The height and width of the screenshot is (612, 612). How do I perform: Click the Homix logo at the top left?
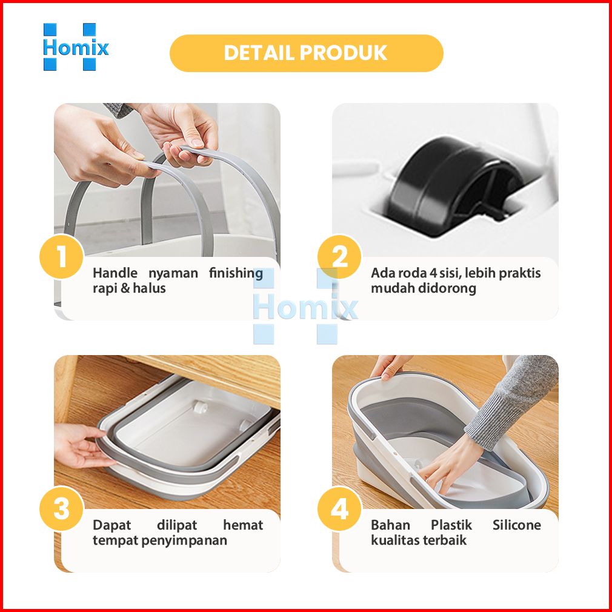click(76, 47)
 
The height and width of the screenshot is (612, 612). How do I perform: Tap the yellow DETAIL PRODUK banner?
click(307, 53)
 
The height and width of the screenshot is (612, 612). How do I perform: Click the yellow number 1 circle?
click(62, 257)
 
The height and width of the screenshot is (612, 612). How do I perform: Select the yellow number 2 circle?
click(339, 257)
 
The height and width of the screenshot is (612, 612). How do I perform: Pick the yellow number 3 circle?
click(62, 508)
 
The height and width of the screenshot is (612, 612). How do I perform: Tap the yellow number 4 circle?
click(339, 508)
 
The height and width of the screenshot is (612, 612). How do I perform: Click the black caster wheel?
click(454, 185)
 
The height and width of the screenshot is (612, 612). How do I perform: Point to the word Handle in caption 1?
click(115, 273)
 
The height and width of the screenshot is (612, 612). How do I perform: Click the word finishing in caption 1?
click(236, 273)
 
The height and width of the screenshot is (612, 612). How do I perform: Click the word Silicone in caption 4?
click(516, 525)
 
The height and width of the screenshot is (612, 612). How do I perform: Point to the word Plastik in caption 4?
click(451, 525)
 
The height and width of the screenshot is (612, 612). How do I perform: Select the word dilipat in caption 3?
click(177, 525)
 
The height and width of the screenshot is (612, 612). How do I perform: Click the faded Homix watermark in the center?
click(305, 307)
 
